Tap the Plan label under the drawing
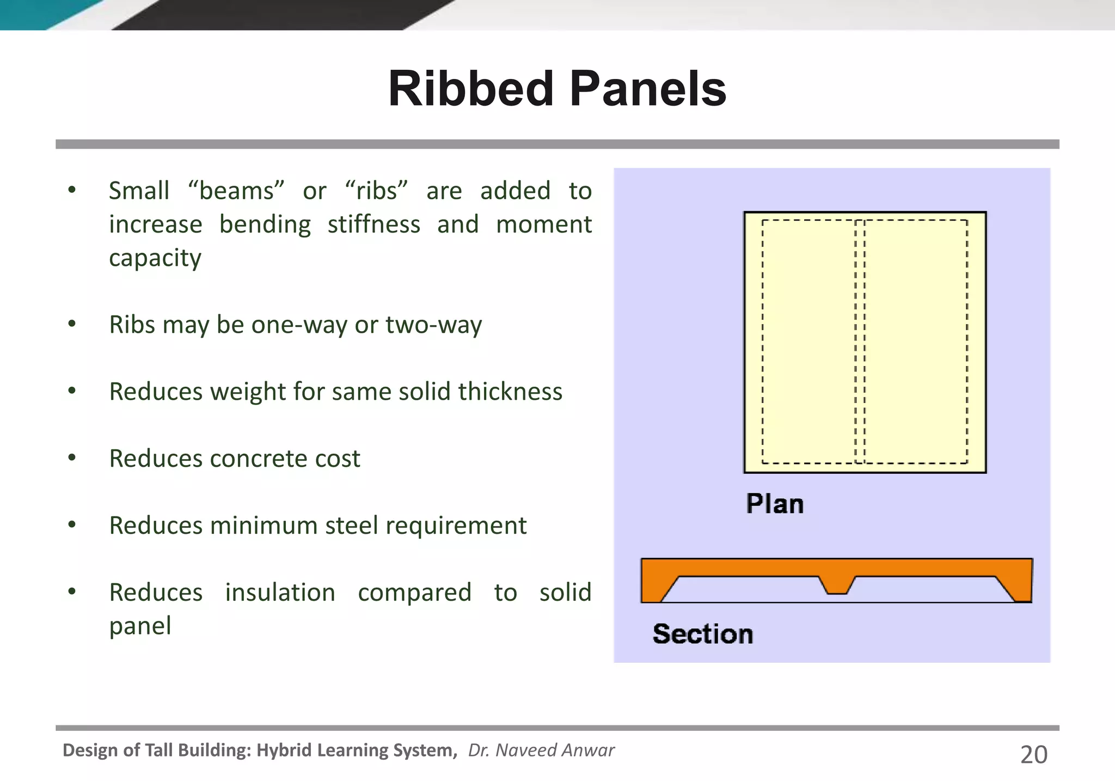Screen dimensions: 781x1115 coord(774,504)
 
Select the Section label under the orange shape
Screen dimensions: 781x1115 coord(702,634)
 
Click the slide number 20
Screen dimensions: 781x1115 coord(1033,755)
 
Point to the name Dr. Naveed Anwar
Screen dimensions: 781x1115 coord(541,751)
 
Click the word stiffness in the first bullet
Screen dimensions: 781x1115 coord(373,224)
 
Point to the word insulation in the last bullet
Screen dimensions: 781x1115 coord(280,593)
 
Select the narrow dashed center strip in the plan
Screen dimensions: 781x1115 coord(860,342)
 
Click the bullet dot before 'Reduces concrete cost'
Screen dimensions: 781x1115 coord(72,458)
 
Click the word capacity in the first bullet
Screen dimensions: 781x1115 coord(155,258)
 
